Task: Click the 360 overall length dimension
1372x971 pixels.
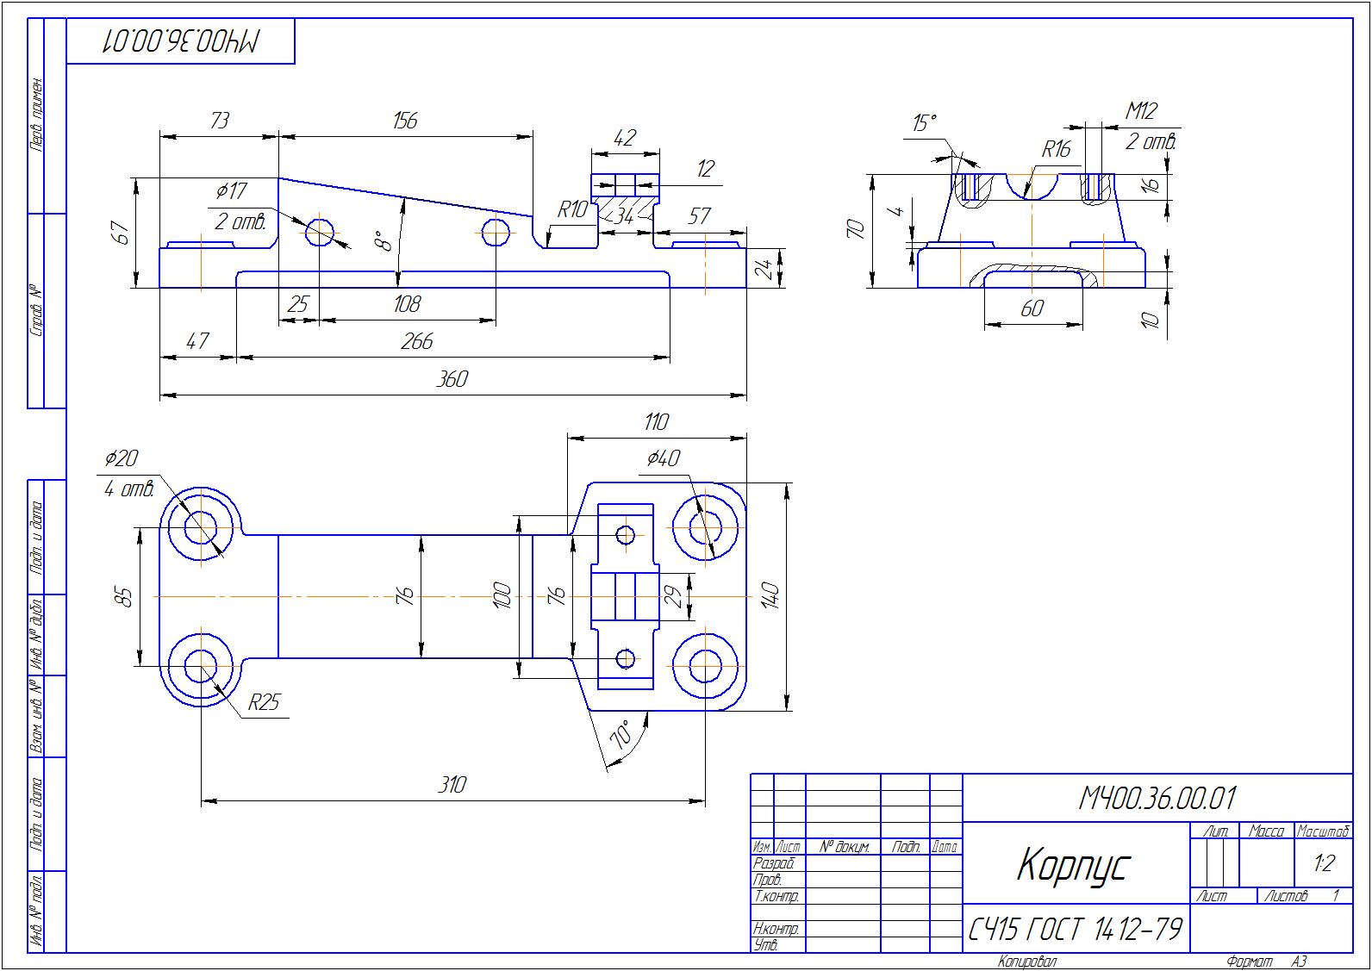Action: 452,379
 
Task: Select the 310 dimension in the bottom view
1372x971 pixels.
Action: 452,785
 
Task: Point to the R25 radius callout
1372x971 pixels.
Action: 264,703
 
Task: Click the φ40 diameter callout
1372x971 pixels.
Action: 663,458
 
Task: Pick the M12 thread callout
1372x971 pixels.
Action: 1141,111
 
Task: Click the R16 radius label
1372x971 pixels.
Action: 1056,150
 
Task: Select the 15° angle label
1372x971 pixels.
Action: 924,123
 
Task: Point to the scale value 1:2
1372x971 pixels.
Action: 1324,863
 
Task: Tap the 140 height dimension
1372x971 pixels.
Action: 770,596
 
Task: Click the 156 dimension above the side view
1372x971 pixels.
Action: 404,121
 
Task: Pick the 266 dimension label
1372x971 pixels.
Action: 416,341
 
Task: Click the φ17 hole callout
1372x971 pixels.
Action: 232,190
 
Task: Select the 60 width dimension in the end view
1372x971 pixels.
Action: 1032,308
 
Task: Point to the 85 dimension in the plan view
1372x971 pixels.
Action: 124,596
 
